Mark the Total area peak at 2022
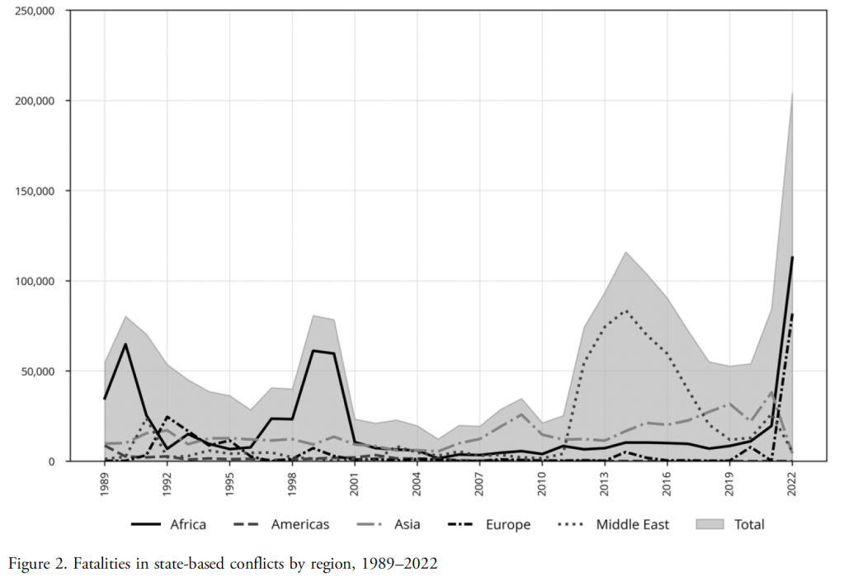click(x=792, y=92)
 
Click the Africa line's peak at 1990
click(x=125, y=343)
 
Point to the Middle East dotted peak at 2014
click(x=625, y=311)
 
